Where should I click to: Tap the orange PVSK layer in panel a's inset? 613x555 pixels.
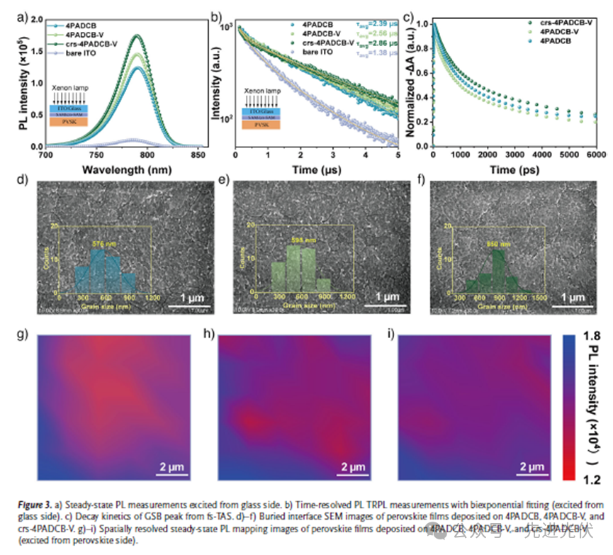(x=69, y=122)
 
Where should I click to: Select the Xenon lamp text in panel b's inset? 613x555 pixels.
(x=262, y=91)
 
